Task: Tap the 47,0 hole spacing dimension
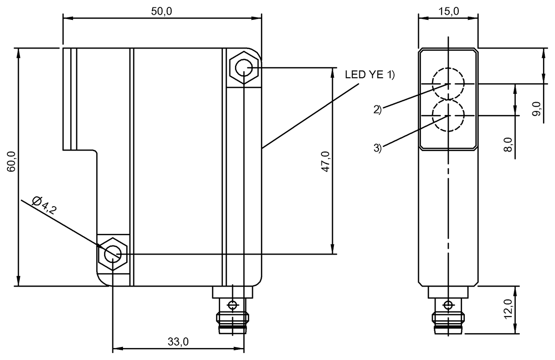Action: tap(325, 162)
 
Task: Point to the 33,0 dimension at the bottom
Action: tap(179, 342)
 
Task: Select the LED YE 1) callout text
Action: tap(370, 75)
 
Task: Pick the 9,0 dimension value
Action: tap(536, 110)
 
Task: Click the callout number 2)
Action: tap(377, 110)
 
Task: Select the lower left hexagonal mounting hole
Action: tap(113, 254)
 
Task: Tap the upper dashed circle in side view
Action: tap(448, 84)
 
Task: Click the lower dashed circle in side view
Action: tap(448, 115)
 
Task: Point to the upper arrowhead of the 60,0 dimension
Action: tap(18, 52)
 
